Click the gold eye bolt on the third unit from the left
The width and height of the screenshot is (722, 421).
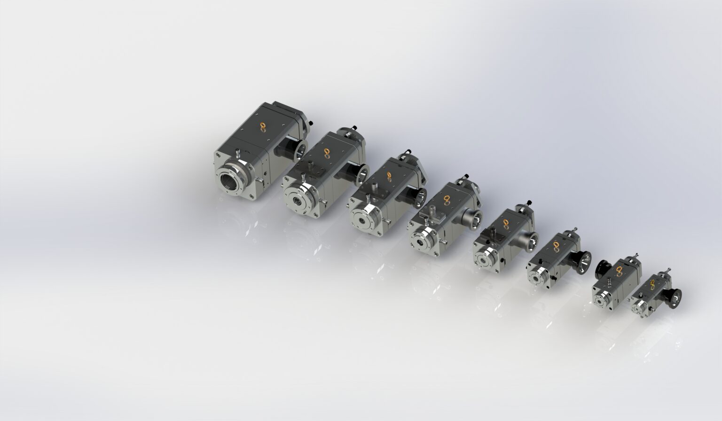[x=389, y=176]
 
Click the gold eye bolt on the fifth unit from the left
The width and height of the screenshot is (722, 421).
[x=506, y=223]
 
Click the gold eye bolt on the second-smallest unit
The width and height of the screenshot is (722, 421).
[x=619, y=269]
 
